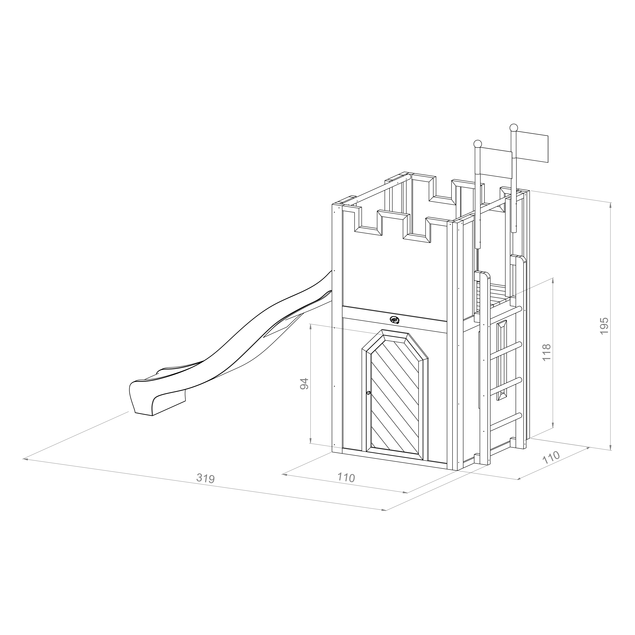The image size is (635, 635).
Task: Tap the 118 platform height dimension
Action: [x=546, y=352]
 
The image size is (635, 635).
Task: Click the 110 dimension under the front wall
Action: [x=346, y=477]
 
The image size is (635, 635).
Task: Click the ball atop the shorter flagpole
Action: [x=478, y=144]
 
